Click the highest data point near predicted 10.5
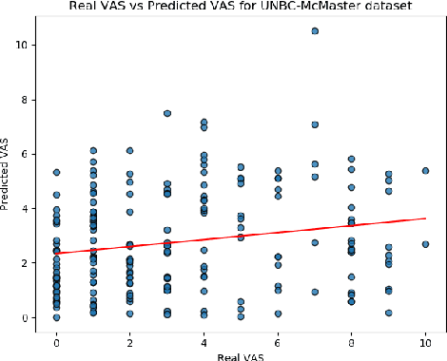(x=315, y=30)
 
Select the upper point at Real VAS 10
(x=425, y=171)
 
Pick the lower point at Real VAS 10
(x=425, y=244)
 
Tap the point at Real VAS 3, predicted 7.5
(x=167, y=113)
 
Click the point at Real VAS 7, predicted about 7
(x=315, y=124)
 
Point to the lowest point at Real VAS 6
(x=278, y=313)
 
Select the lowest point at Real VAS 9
(x=388, y=313)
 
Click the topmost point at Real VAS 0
(x=56, y=172)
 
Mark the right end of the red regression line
(x=425, y=218)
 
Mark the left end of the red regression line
(x=56, y=254)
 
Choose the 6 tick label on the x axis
(x=278, y=339)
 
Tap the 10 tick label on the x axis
(x=425, y=339)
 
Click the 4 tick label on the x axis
(x=204, y=339)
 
